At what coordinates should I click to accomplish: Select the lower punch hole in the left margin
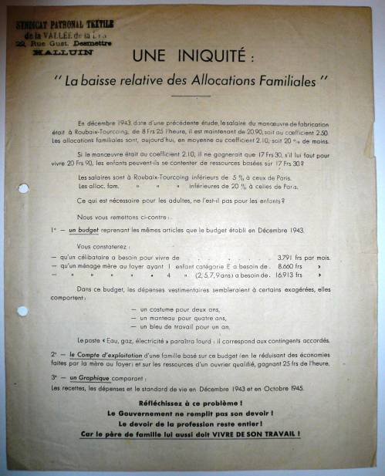click(x=22, y=311)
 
